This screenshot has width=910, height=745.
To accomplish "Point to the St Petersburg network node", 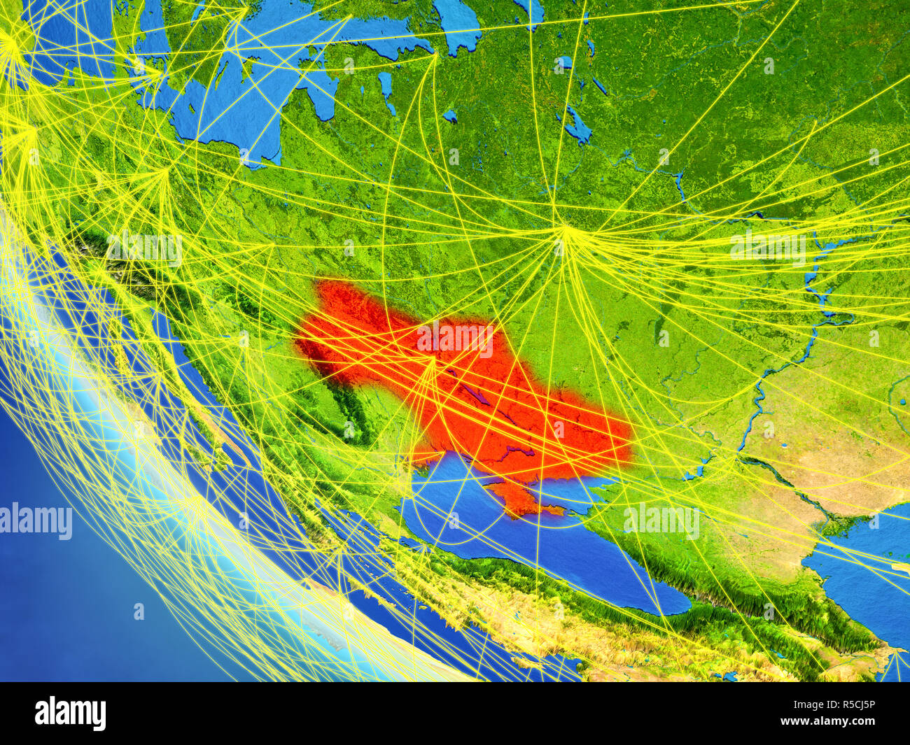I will [434, 54].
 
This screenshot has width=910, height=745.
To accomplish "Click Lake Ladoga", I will [456, 24].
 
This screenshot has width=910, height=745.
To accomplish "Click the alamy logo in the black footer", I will [71, 713].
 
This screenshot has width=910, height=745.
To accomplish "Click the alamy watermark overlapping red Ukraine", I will [455, 338].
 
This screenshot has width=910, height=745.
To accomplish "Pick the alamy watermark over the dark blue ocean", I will [36, 522].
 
